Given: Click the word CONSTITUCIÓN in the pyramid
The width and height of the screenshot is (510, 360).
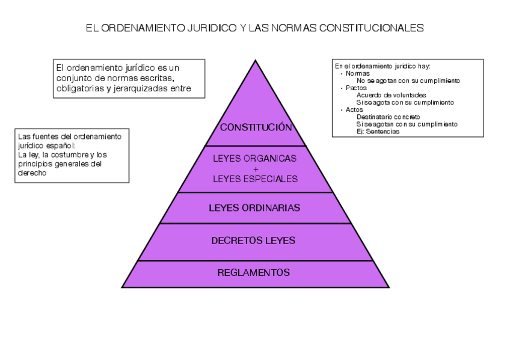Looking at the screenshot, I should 256,127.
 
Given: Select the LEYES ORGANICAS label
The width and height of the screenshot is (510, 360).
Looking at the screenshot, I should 255,159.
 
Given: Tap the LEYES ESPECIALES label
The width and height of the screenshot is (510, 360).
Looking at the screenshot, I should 255,178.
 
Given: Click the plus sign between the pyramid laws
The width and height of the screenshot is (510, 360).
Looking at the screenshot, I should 256,169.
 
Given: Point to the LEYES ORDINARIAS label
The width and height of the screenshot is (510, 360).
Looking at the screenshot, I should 254,208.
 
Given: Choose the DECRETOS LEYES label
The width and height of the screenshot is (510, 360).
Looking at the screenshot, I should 253,240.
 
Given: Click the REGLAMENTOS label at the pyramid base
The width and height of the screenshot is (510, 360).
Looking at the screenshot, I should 253,272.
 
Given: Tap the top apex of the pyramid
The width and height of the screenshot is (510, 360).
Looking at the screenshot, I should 256,61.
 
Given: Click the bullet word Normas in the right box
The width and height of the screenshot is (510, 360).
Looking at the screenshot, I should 354,73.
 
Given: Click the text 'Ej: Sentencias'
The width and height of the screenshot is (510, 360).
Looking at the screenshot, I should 378,132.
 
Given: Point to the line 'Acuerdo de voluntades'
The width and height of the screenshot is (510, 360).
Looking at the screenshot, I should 391,95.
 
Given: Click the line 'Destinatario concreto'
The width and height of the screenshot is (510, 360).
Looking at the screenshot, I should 388,117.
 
